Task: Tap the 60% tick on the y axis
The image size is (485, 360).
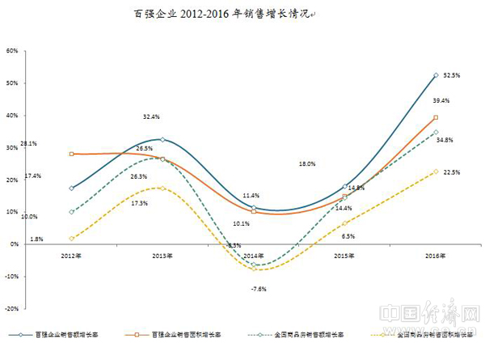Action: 12,50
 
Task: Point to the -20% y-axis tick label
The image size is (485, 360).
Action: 11,308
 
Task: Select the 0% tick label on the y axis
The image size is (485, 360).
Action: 15,244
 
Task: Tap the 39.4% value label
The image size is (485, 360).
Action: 441,100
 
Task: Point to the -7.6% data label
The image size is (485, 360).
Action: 258,288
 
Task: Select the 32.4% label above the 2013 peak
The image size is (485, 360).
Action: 152,116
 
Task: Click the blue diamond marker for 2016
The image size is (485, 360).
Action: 436,75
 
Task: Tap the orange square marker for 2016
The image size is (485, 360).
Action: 436,117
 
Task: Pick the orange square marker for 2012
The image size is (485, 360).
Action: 72,154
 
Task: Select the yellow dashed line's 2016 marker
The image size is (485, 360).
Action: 436,172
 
